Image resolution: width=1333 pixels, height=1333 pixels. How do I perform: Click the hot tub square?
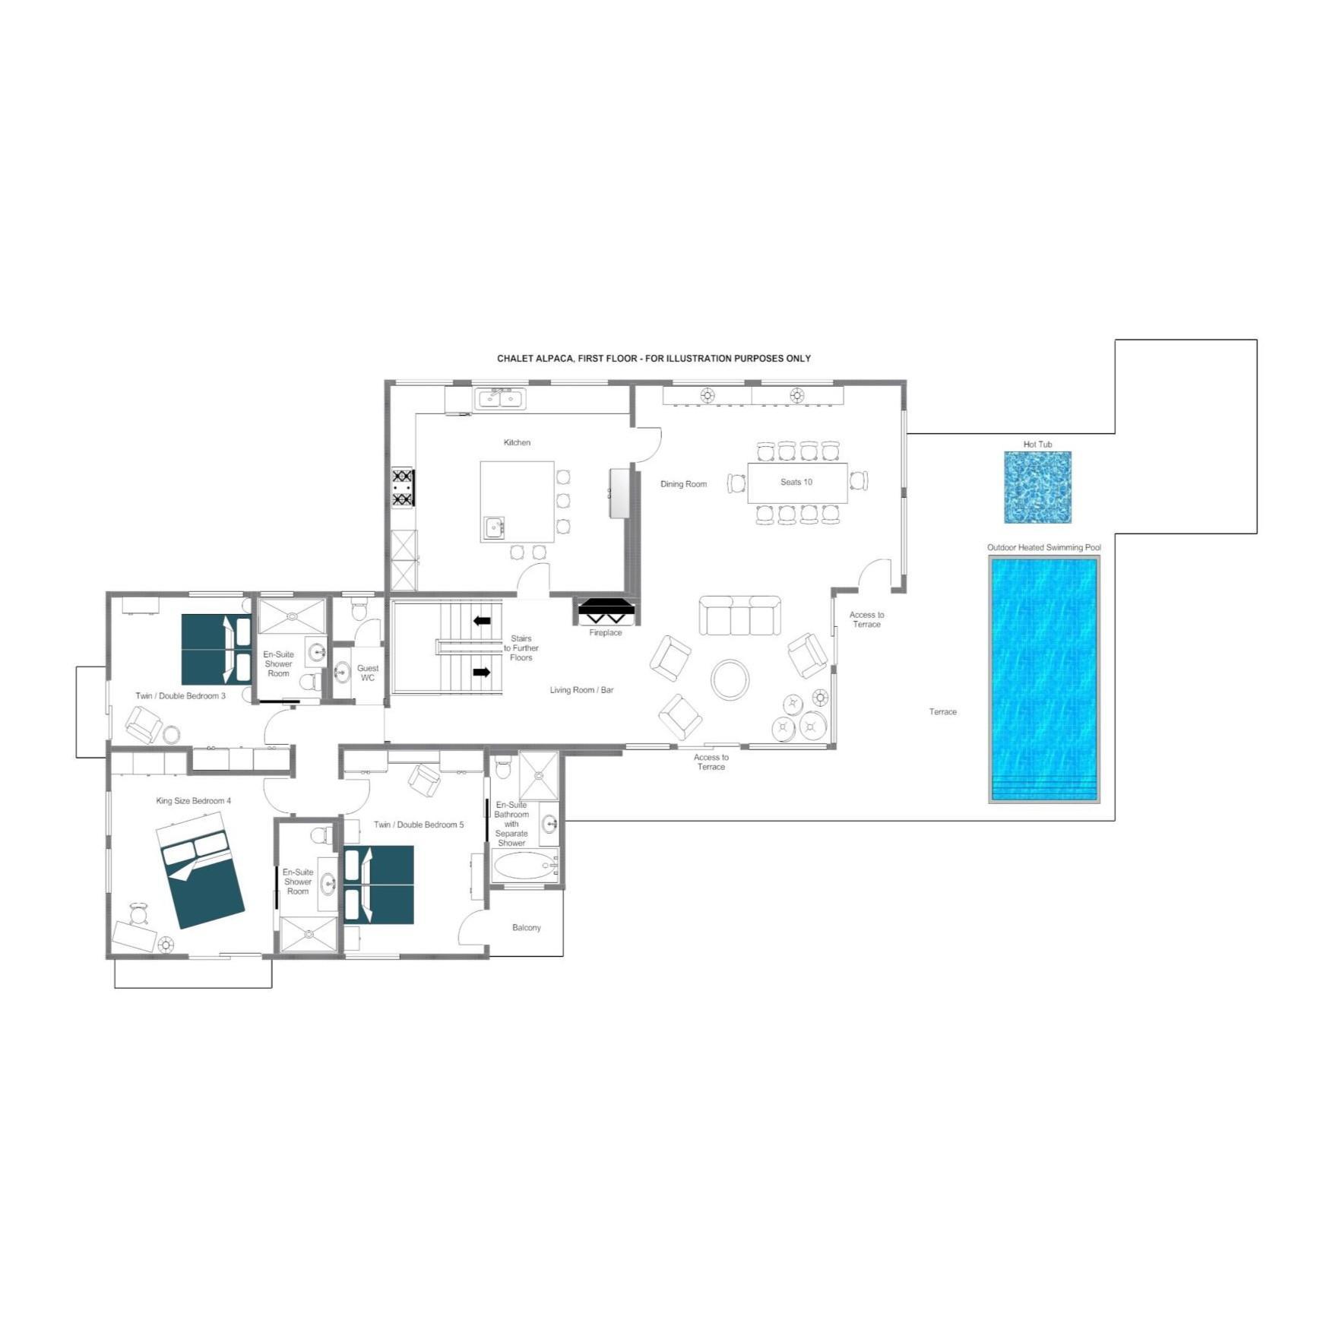pos(1037,487)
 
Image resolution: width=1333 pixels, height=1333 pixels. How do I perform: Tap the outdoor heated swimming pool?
pos(1043,679)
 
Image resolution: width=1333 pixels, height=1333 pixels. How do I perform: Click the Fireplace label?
pos(606,632)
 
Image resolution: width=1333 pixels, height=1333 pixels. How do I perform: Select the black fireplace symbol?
pos(606,611)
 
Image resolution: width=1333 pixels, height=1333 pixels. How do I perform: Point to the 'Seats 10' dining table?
pos(797,483)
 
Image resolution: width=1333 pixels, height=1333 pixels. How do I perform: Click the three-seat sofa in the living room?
pos(739,616)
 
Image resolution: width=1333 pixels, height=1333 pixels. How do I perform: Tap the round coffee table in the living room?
pos(730,679)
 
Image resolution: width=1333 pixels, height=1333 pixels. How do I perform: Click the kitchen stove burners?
pos(403,488)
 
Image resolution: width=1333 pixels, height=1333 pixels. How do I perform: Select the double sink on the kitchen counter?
pos(500,399)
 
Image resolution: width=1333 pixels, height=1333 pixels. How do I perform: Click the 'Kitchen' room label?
pos(517,442)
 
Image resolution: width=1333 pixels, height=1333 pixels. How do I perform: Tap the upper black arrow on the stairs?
pos(482,621)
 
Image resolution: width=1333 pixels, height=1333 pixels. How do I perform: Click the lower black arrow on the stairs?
pos(482,672)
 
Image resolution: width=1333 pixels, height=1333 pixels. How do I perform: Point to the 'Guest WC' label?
pos(368,673)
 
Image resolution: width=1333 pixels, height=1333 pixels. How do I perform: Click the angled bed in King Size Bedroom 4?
pos(200,870)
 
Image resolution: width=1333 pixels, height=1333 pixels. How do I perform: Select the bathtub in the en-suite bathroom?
pos(524,865)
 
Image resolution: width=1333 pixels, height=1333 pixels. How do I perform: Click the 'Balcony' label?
pos(527,927)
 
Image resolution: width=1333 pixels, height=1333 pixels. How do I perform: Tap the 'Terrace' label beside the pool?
pos(943,712)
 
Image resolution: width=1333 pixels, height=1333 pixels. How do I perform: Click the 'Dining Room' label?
pos(683,484)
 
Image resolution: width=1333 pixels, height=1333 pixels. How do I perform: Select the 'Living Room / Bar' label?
pos(581,690)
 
